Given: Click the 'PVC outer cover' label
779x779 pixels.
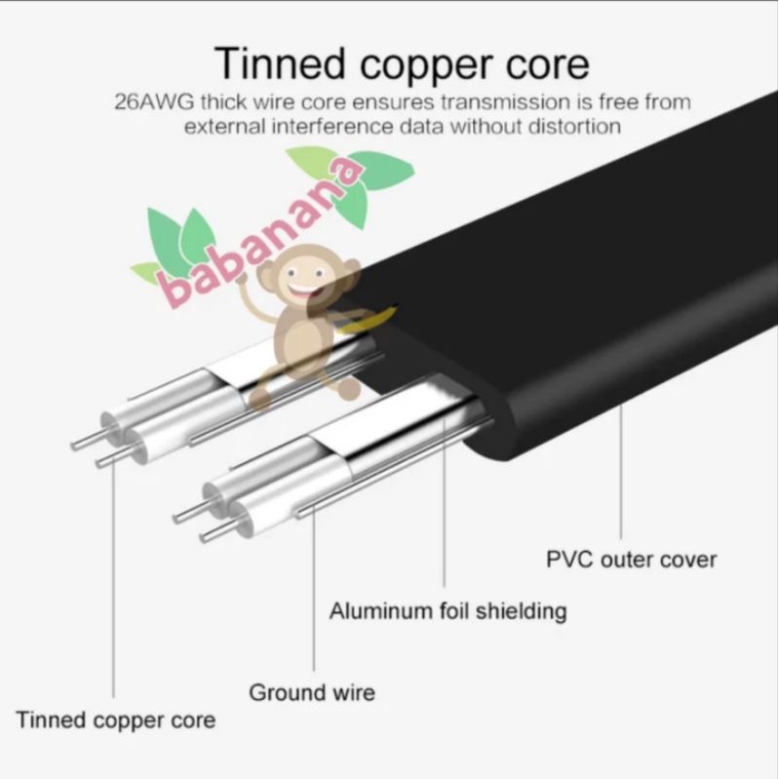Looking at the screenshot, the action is tap(631, 560).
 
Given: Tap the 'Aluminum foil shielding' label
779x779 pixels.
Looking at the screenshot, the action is tap(448, 611).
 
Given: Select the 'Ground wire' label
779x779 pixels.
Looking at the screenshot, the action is tap(312, 692).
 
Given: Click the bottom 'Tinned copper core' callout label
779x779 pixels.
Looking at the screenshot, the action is tap(116, 721).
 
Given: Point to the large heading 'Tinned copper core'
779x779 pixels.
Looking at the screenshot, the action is tap(402, 64).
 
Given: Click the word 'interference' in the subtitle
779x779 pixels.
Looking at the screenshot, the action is tap(332, 126).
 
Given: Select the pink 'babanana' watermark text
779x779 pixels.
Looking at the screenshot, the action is tap(261, 231).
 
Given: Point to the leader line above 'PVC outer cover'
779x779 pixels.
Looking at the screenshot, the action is tap(620, 471).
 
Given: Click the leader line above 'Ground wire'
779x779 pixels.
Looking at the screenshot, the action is tap(314, 589).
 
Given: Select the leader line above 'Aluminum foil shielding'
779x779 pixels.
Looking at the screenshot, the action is tap(445, 502).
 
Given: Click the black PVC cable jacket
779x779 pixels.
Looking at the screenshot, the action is tap(586, 298).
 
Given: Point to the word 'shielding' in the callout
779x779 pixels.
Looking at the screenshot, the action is tap(521, 611).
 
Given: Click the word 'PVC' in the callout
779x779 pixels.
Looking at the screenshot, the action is tap(569, 560).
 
